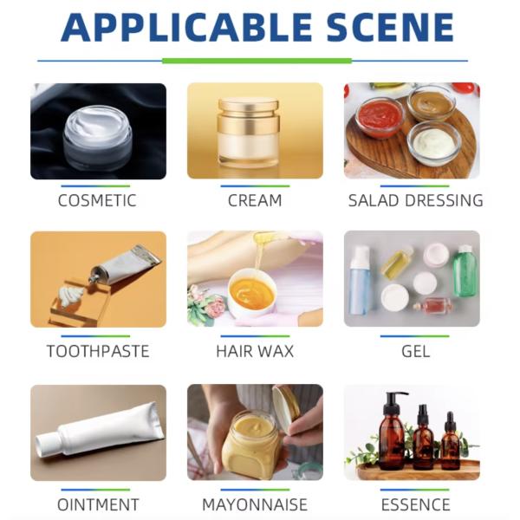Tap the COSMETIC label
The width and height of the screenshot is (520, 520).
point(97,201)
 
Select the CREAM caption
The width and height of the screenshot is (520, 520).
point(255,201)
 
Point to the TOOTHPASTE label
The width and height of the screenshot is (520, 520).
point(97,352)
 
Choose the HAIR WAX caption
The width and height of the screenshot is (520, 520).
point(255,352)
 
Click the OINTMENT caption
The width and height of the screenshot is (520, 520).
point(98,504)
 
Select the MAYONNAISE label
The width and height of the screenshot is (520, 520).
point(255,504)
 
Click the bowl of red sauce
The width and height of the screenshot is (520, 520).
point(379,114)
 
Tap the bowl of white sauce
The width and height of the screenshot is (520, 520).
point(433,142)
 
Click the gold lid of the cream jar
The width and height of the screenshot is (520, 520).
point(249,106)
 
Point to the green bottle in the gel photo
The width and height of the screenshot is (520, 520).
point(465,271)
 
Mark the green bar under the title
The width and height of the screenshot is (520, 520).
point(257,61)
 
